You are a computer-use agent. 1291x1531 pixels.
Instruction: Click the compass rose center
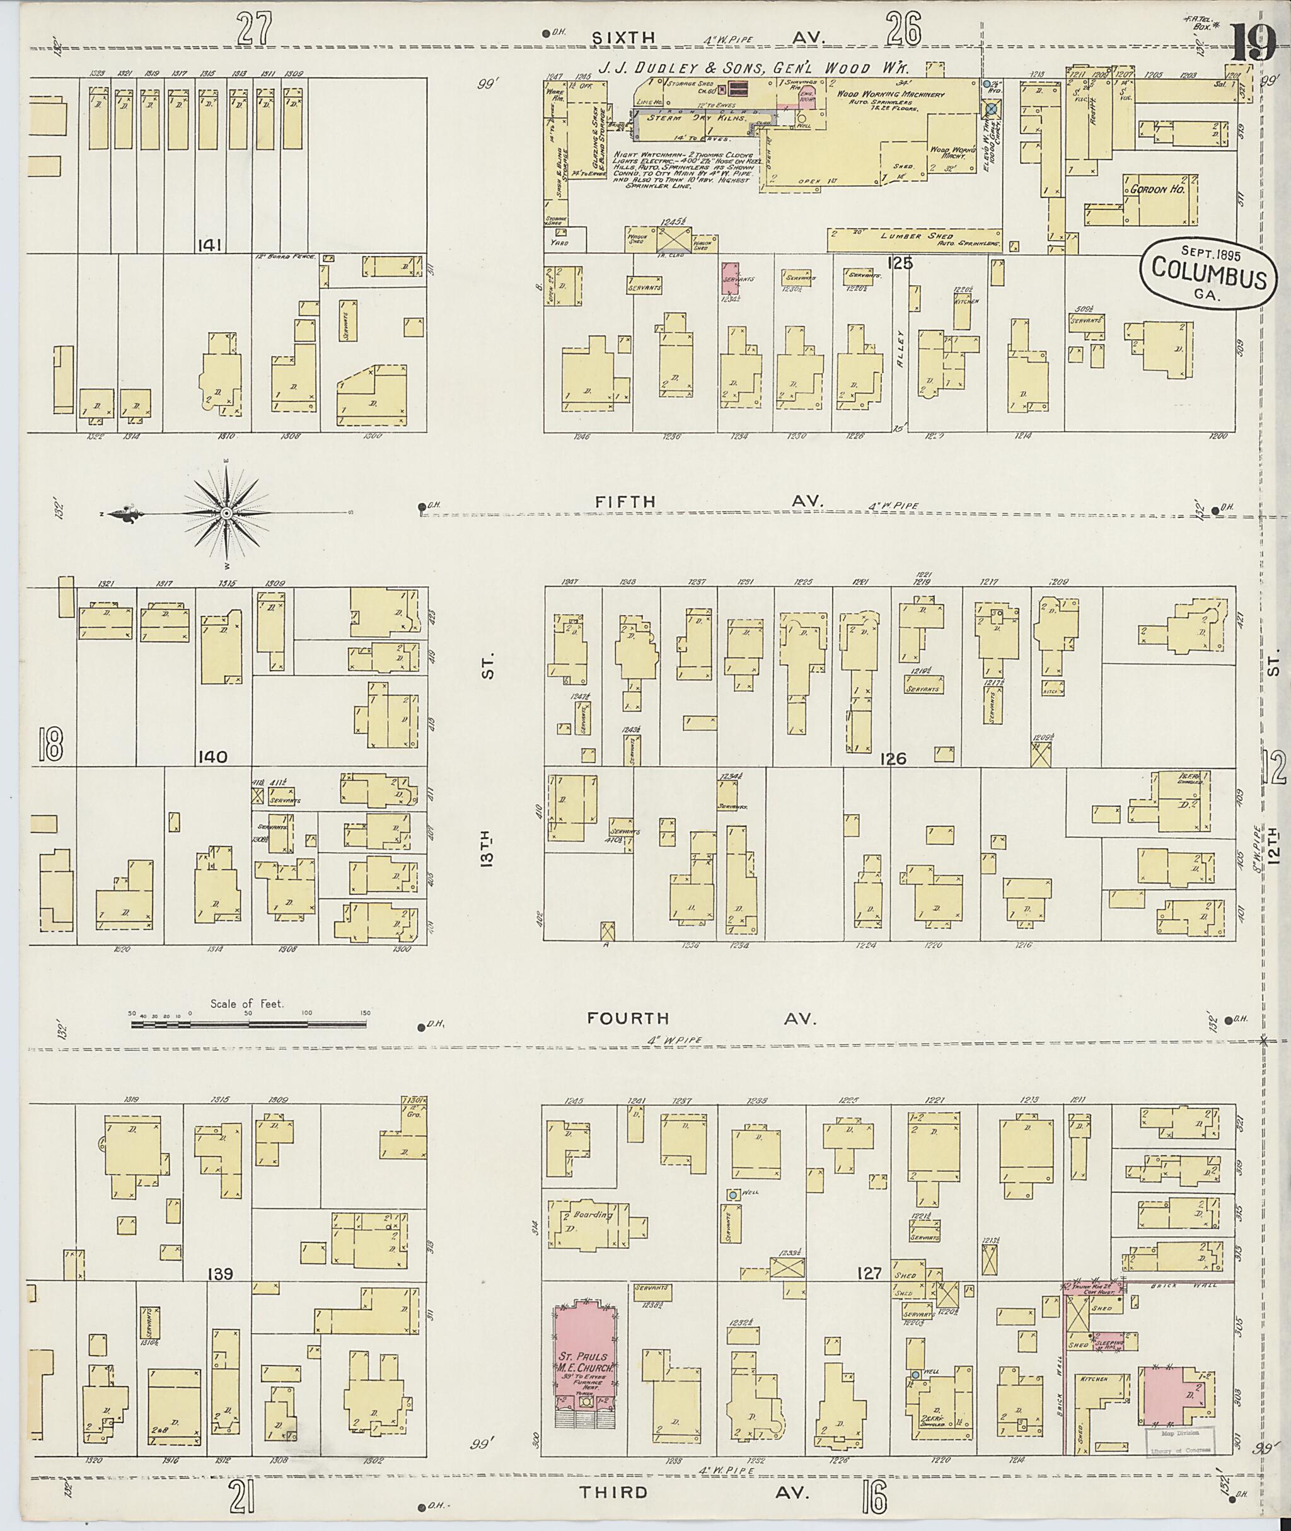(226, 514)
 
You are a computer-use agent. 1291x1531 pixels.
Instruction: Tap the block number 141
(212, 245)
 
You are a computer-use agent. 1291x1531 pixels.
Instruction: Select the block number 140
(212, 757)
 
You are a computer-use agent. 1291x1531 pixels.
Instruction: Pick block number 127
(872, 1273)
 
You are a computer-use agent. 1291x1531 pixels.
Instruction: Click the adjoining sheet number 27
(254, 31)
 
